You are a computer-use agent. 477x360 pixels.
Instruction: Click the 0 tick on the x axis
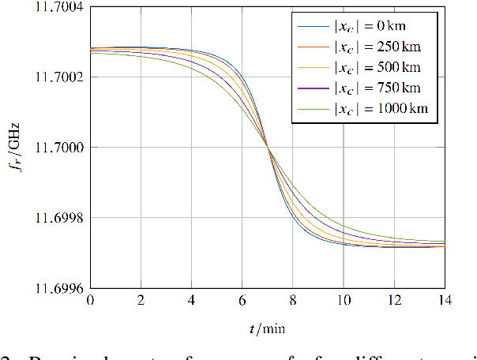coord(90,301)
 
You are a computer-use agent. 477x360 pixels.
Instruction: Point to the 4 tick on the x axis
coord(191,301)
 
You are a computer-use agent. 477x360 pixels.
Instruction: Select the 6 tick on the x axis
coord(242,301)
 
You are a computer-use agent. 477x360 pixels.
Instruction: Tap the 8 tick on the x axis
coord(292,301)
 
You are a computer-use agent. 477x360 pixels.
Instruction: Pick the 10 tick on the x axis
coord(343,301)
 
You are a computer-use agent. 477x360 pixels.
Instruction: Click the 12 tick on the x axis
coord(393,301)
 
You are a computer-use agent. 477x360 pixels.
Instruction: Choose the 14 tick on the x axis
coord(444,301)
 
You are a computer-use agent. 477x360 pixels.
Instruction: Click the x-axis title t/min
coord(267,328)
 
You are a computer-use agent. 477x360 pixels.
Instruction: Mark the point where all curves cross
coord(268,148)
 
